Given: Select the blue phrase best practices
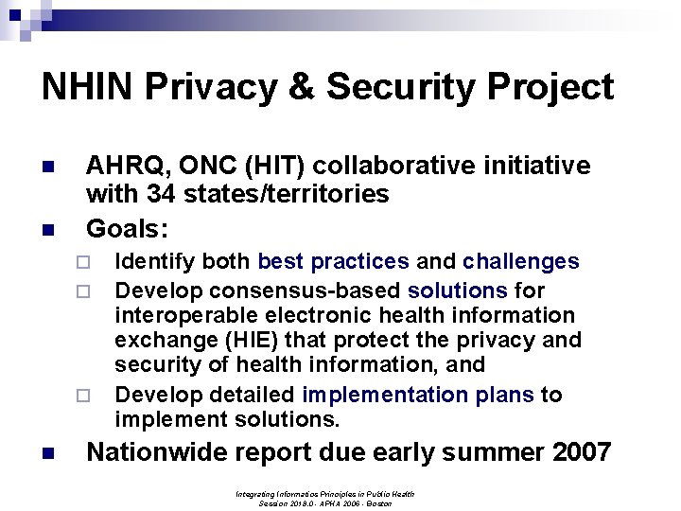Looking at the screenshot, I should click(334, 262).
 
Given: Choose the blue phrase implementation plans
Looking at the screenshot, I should click(418, 395).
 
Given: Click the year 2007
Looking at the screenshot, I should click(578, 452).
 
